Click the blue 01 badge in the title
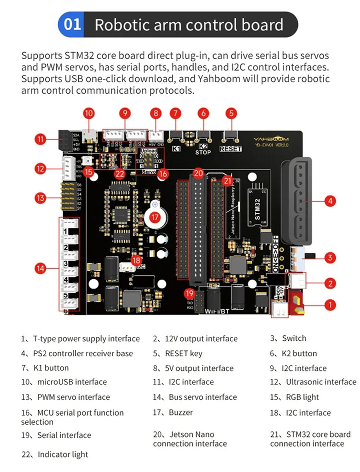[72, 25]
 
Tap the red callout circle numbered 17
[155, 217]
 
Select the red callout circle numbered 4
[329, 201]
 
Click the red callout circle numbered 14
[41, 269]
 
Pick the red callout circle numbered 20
[198, 173]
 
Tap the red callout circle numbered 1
[329, 304]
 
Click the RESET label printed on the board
[230, 149]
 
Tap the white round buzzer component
[154, 205]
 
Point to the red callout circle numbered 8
[156, 114]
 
